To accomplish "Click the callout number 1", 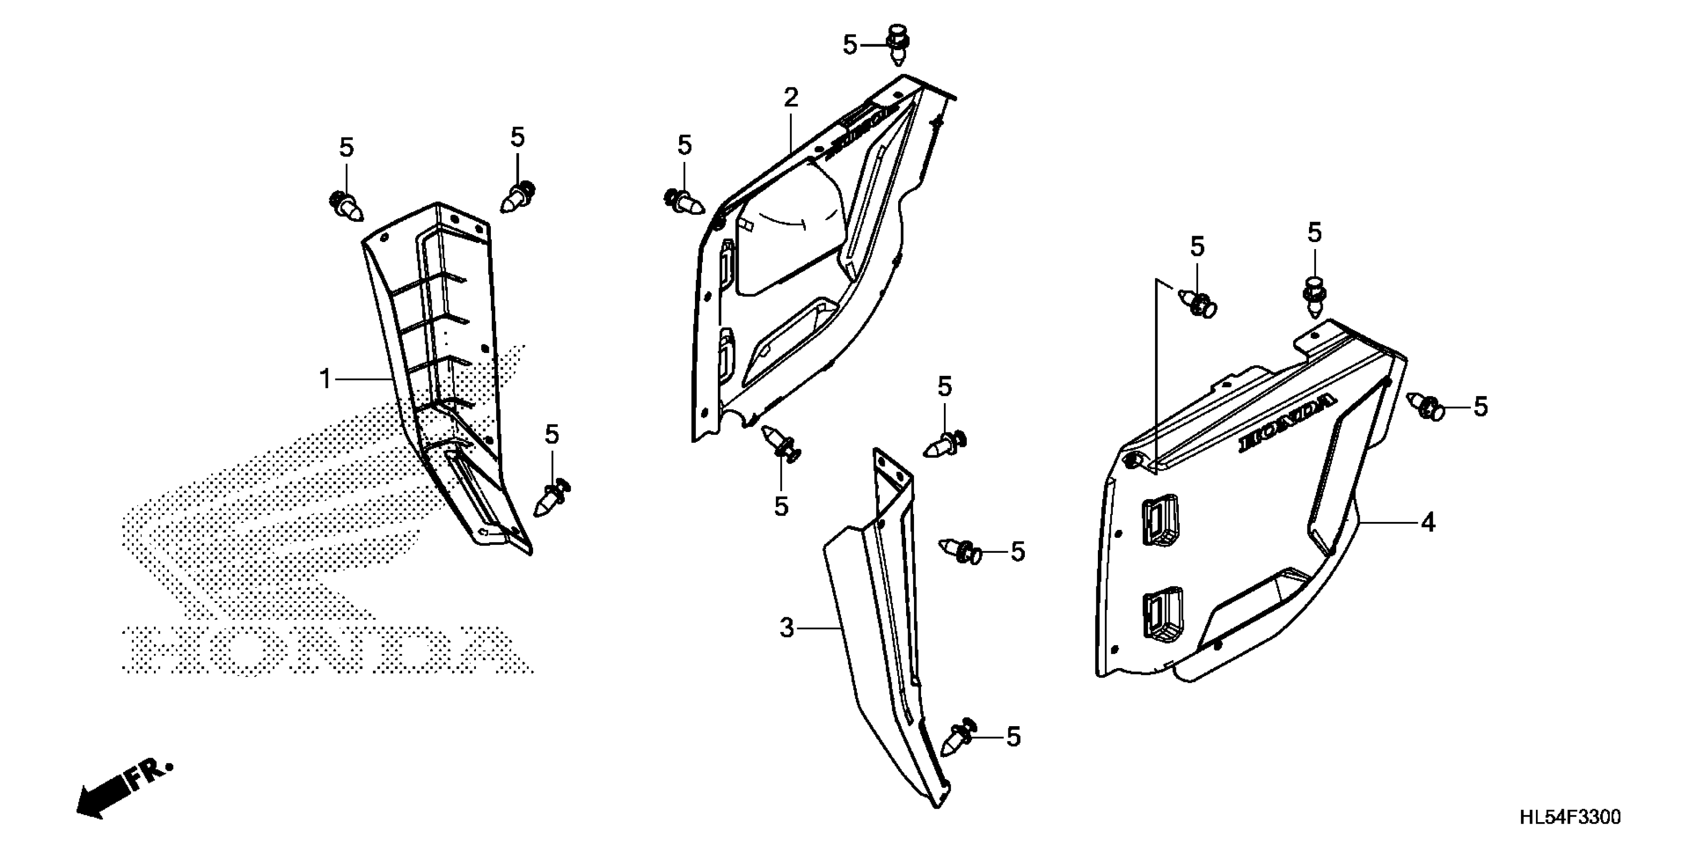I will click(325, 379).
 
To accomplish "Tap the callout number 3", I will click(787, 628).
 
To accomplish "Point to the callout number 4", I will click(1428, 523).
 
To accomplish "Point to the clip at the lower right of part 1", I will click(552, 497).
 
